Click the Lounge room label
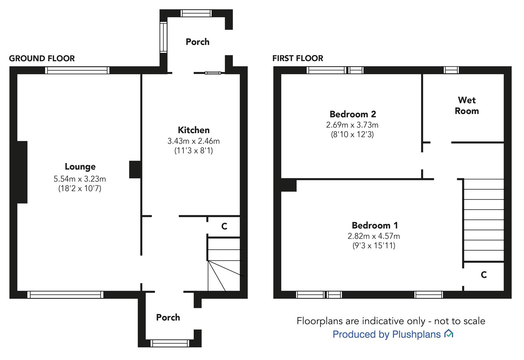pyautogui.click(x=80, y=166)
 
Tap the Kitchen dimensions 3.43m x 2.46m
pyautogui.click(x=193, y=141)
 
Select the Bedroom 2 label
pyautogui.click(x=353, y=114)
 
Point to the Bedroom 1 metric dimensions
pyautogui.click(x=373, y=236)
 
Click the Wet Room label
pyautogui.click(x=467, y=105)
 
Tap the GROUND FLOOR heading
pyautogui.click(x=42, y=58)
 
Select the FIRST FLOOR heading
pyautogui.click(x=298, y=58)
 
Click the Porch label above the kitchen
pyautogui.click(x=197, y=42)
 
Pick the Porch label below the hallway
pyautogui.click(x=168, y=317)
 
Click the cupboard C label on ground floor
pyautogui.click(x=224, y=227)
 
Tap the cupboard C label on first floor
pyautogui.click(x=484, y=275)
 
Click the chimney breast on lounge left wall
pyautogui.click(x=22, y=172)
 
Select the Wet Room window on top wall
pyautogui.click(x=451, y=70)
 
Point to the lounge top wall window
pyautogui.click(x=77, y=70)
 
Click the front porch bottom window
pyautogui.click(x=170, y=343)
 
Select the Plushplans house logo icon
pyautogui.click(x=448, y=334)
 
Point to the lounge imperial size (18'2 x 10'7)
pyautogui.click(x=80, y=189)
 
